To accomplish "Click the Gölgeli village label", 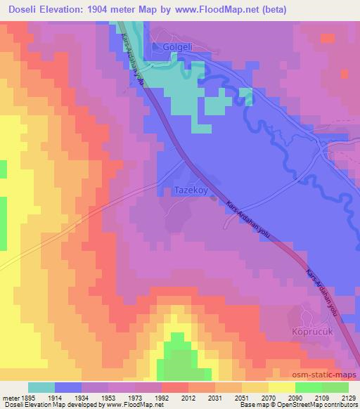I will [x=177, y=46].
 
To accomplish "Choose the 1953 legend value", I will [x=107, y=397].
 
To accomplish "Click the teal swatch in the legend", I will [x=41, y=387].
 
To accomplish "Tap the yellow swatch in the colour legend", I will [x=281, y=387].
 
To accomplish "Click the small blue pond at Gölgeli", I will [x=155, y=46].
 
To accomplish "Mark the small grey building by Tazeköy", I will [x=213, y=199].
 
